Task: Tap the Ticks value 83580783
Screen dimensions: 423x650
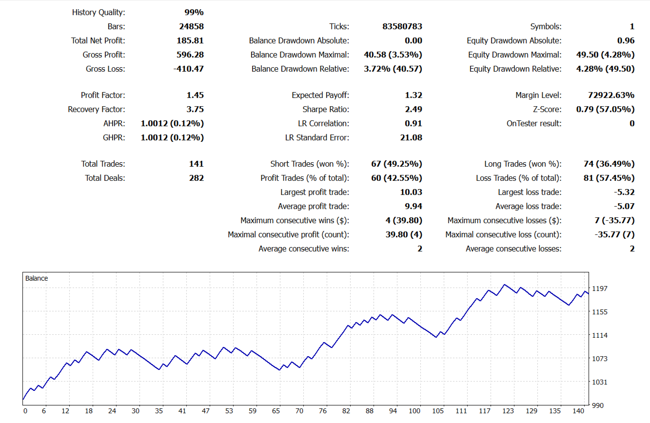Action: pos(402,26)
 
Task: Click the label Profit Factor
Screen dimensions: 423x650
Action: pos(102,95)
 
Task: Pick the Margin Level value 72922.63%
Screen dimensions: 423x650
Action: pos(611,95)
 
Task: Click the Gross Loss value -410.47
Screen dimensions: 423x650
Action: pos(188,69)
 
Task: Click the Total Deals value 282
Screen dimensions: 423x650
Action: pos(196,178)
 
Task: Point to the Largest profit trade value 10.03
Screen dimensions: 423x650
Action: pos(411,192)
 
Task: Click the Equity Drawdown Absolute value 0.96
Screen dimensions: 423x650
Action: pos(626,40)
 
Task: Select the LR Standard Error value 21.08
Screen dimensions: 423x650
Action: pos(411,137)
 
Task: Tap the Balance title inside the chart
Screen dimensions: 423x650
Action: pos(37,278)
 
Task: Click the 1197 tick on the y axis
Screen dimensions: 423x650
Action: pos(599,288)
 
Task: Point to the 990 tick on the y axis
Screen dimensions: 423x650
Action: pos(597,405)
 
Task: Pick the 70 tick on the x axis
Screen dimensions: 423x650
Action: pos(299,411)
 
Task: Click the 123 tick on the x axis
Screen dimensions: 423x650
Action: pos(508,411)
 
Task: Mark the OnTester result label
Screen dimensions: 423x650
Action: pos(534,123)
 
